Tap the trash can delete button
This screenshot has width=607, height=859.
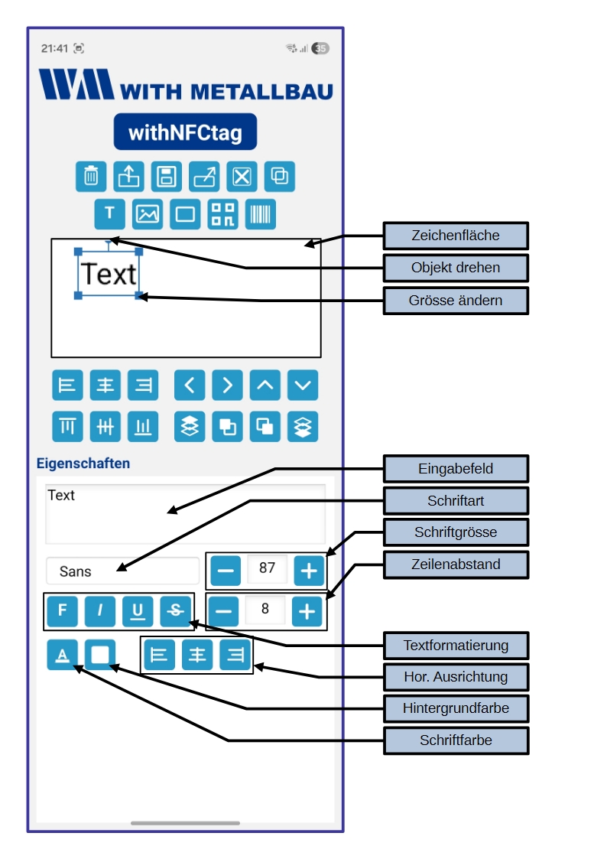click(x=91, y=177)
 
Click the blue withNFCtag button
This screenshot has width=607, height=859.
click(x=185, y=132)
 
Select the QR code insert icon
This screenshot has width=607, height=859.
click(x=223, y=214)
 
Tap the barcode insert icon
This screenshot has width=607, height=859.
click(x=261, y=214)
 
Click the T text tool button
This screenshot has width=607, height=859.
click(x=109, y=214)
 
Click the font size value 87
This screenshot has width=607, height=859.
click(x=267, y=568)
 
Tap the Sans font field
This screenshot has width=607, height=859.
click(x=122, y=571)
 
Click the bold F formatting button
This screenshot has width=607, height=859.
click(x=63, y=610)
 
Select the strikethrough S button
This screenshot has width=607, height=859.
click(x=176, y=610)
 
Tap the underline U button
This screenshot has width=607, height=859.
click(x=138, y=610)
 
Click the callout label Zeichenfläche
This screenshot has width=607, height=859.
click(x=456, y=236)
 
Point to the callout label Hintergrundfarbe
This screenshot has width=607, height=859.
click(x=456, y=708)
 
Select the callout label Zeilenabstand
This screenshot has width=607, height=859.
click(x=456, y=565)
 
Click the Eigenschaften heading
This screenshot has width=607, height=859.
click(x=83, y=464)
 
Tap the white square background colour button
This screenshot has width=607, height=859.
click(x=100, y=655)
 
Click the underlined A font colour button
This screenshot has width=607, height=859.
click(x=63, y=655)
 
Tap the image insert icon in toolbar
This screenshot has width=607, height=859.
click(x=148, y=214)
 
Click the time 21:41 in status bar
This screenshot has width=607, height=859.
click(x=54, y=48)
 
